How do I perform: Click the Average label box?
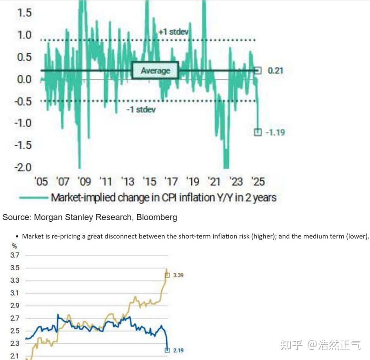pos(155,71)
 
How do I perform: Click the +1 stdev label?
pos(173,31)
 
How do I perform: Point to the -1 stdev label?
pos(141,110)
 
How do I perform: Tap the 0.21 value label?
pos(276,71)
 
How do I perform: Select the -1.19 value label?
pos(275,132)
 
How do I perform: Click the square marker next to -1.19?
pos(258,132)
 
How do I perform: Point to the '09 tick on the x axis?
pos(84,181)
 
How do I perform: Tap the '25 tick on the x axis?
pos(258,181)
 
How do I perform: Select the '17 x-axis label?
pos(171,181)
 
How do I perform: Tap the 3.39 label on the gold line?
pos(178,275)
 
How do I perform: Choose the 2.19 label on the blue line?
pos(178,350)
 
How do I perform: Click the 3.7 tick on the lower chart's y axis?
pos(15,255)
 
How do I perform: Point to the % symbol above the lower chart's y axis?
pos(15,246)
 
